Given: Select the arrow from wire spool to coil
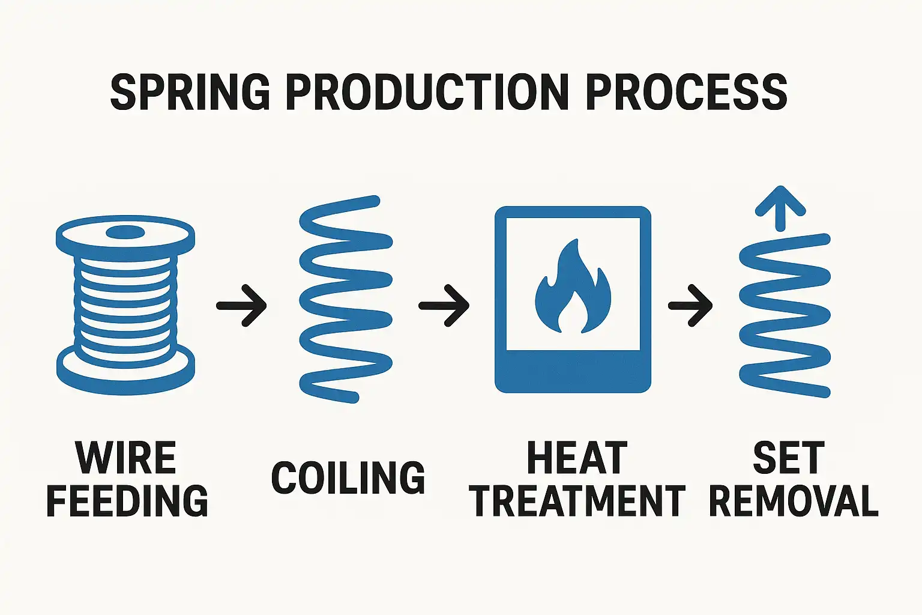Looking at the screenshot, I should [241, 305].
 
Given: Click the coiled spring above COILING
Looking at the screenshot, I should [345, 299].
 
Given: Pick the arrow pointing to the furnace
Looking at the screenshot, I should [444, 305].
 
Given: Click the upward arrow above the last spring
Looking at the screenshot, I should [780, 208].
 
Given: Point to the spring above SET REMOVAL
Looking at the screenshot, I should [785, 315].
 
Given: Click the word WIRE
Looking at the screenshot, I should [125, 458].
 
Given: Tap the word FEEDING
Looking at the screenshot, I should [127, 500].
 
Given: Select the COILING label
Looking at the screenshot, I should [348, 478].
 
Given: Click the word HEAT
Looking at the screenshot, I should [577, 458].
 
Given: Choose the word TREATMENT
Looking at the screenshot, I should [577, 500].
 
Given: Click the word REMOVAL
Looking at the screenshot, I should [794, 500].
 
